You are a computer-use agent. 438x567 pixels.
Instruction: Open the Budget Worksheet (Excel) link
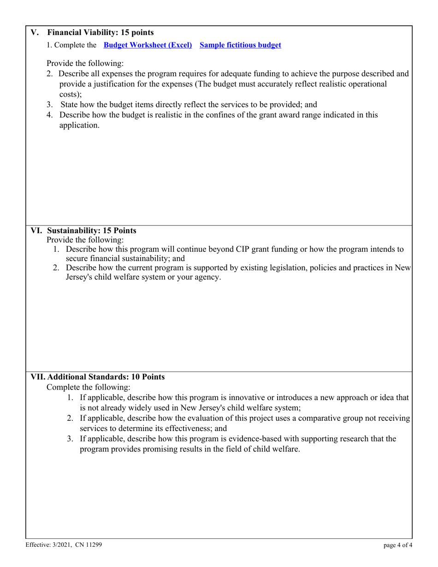(148, 45)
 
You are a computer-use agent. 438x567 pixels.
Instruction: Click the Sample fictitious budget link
(240, 45)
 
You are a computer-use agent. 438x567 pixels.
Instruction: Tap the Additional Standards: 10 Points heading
(106, 377)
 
